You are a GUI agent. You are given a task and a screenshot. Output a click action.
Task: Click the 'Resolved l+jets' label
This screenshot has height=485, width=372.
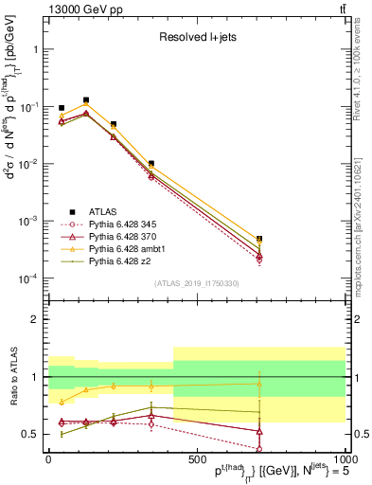(197, 38)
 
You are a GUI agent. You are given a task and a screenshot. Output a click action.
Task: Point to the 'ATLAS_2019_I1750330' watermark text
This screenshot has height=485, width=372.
(197, 283)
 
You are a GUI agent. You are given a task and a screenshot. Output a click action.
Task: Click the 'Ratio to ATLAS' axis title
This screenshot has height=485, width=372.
(12, 376)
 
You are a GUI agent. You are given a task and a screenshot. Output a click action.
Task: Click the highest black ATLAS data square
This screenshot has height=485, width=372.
(86, 99)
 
